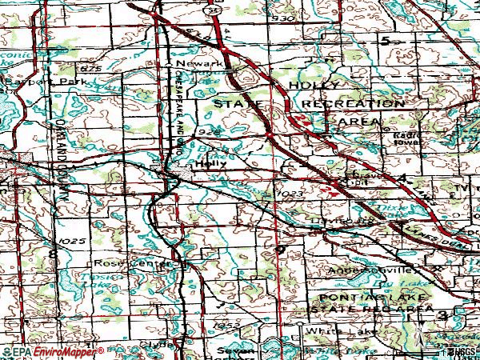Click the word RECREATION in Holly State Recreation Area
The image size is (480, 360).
tap(353, 104)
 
